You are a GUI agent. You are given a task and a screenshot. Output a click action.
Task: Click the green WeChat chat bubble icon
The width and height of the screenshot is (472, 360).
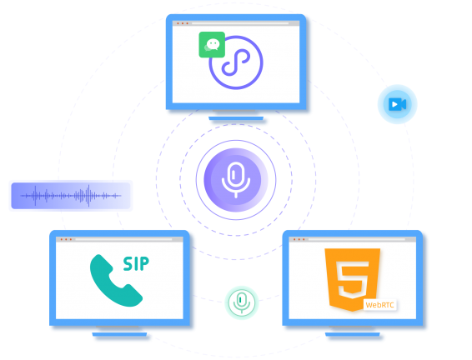[x=212, y=44]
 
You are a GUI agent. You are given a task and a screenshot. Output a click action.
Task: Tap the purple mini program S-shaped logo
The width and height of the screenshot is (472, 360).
[x=236, y=62]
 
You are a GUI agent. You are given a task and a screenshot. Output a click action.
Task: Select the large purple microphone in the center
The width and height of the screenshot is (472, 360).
[x=236, y=180]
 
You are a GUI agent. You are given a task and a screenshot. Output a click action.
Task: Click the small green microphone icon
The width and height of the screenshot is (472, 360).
[x=241, y=302]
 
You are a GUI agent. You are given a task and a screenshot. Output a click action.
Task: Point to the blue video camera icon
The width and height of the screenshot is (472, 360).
[x=397, y=104]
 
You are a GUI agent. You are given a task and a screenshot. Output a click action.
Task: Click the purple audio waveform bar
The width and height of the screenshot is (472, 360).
[x=71, y=196]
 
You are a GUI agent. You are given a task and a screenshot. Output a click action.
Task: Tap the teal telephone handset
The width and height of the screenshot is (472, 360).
[x=116, y=281]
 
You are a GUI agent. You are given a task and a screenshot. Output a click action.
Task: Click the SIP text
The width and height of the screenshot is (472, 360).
[x=136, y=264]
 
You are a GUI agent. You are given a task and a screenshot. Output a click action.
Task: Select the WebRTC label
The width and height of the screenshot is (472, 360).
[x=380, y=305]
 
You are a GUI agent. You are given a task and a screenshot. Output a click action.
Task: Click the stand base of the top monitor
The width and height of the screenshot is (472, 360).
[x=236, y=118]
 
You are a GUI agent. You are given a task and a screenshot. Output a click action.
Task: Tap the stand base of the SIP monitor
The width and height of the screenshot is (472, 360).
[x=119, y=334]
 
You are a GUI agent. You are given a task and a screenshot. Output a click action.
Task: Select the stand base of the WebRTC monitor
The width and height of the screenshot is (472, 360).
[x=353, y=334]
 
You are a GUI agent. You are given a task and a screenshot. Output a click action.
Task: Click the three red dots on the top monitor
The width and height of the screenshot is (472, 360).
[x=183, y=23]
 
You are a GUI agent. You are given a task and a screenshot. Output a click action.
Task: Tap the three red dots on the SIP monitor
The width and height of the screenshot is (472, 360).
[x=66, y=239]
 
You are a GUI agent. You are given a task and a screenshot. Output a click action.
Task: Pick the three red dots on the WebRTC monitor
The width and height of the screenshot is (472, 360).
[x=299, y=239]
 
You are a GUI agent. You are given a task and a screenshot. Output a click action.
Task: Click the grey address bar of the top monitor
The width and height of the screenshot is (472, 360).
[x=240, y=23]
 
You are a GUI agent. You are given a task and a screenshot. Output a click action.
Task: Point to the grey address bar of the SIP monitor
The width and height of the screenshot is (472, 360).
[x=123, y=239]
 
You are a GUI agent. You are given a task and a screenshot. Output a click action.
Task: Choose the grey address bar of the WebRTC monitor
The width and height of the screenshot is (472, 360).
[x=357, y=239]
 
